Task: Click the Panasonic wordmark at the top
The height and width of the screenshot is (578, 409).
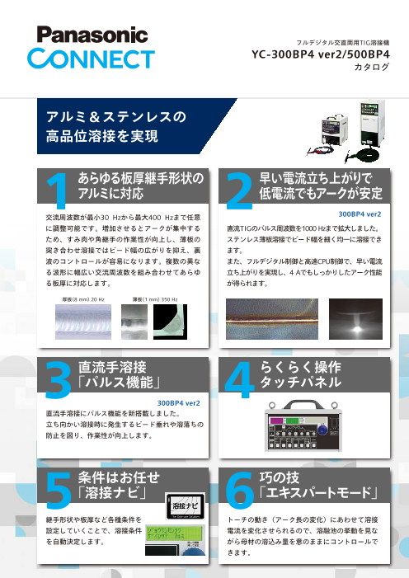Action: [87, 35]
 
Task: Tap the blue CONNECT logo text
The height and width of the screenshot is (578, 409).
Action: [87, 58]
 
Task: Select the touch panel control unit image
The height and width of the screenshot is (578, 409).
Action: [311, 434]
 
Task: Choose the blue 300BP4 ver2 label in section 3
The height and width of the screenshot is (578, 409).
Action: [179, 403]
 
